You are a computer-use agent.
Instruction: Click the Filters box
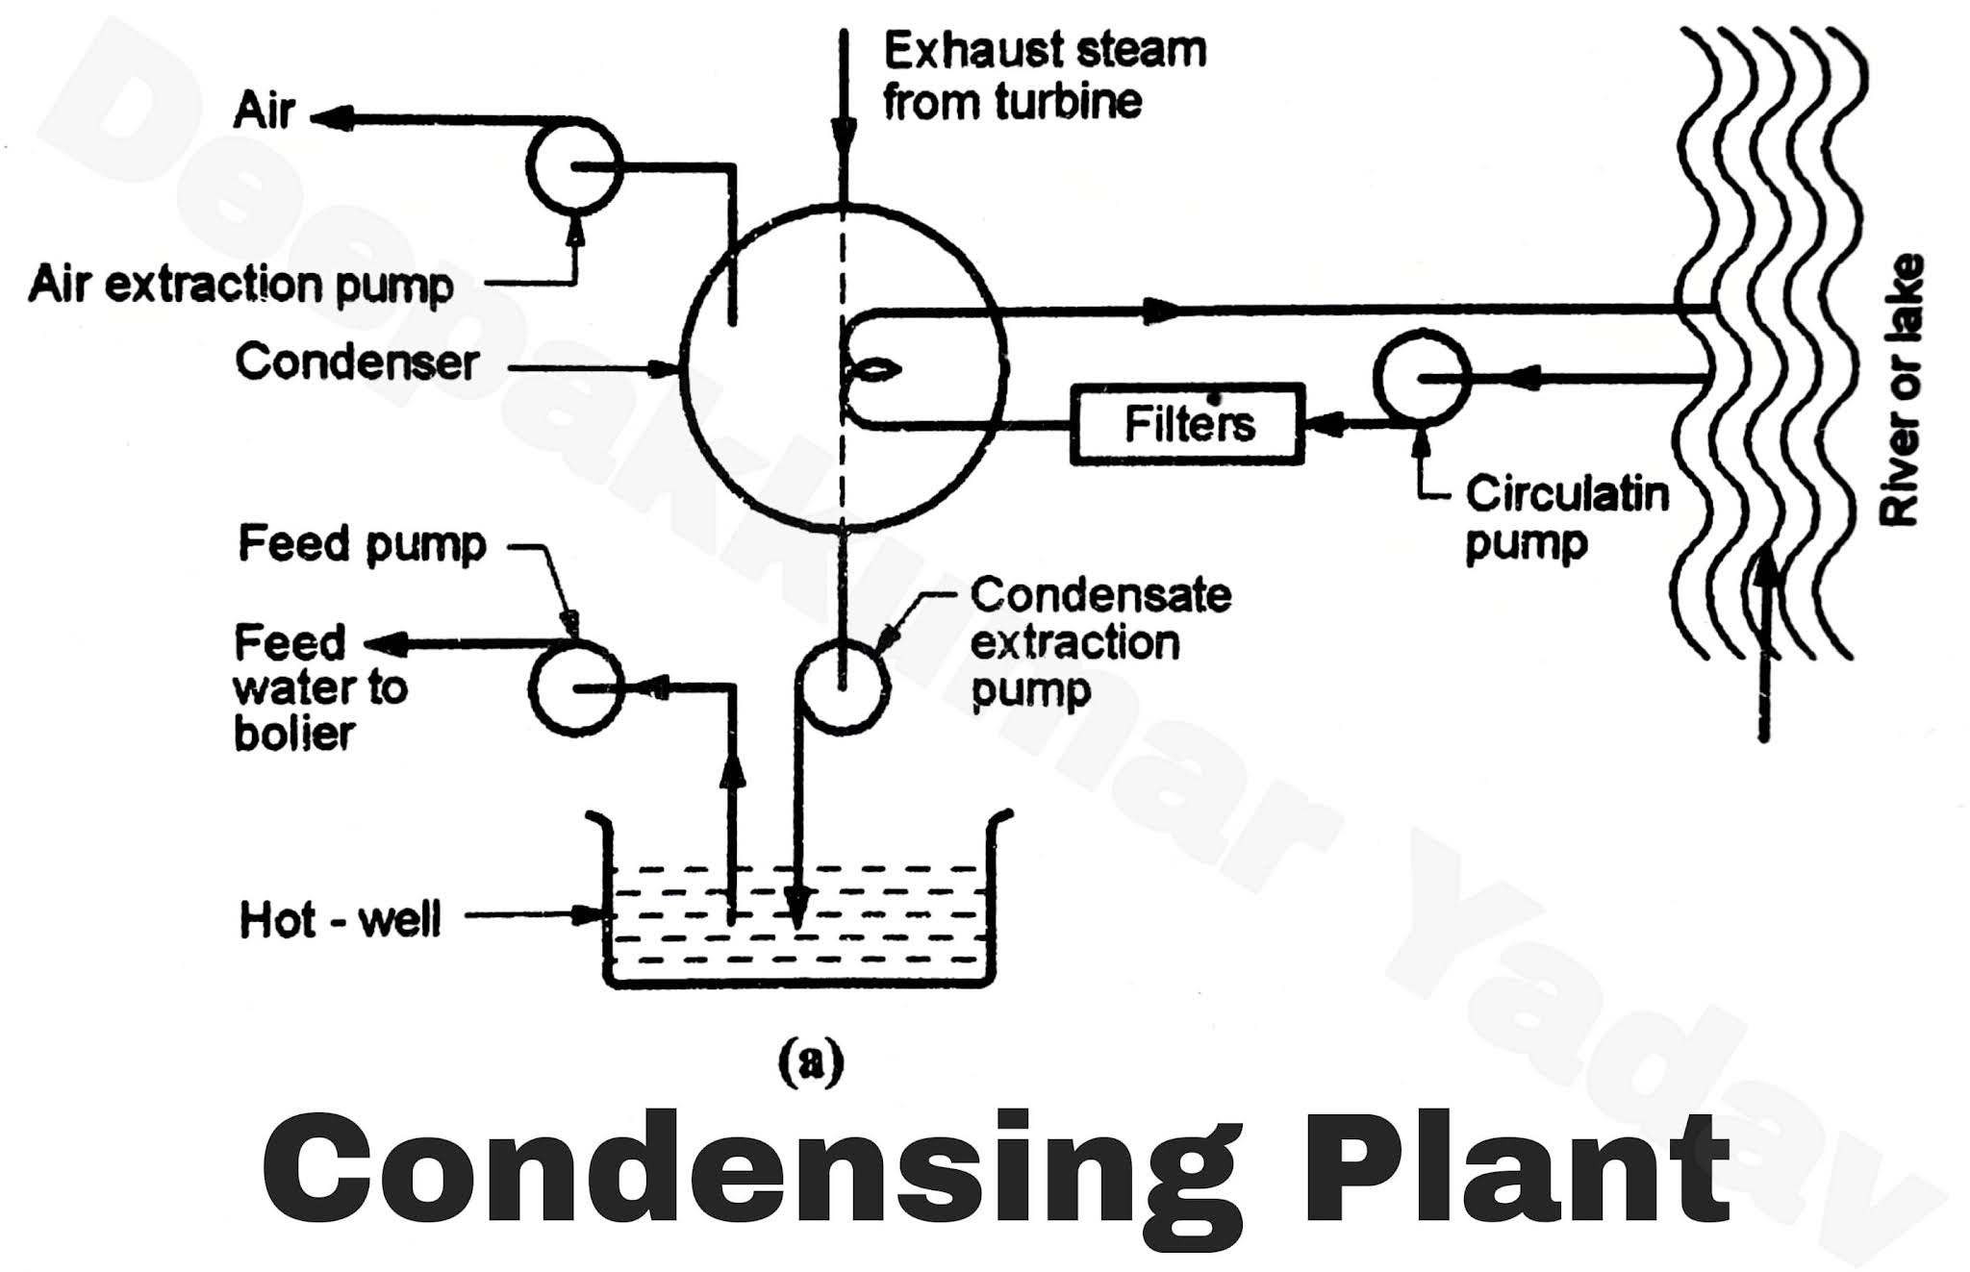pyautogui.click(x=1188, y=424)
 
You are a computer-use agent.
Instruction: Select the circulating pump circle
pyautogui.click(x=1422, y=378)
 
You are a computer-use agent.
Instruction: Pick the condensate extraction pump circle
pyautogui.click(x=842, y=686)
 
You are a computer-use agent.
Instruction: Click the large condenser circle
pyautogui.click(x=843, y=368)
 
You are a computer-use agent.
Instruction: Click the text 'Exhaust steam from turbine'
pyautogui.click(x=1044, y=75)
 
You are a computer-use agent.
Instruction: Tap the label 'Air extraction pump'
pyautogui.click(x=240, y=286)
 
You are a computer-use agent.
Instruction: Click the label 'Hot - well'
pyautogui.click(x=340, y=920)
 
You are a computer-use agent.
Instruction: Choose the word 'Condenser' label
pyautogui.click(x=357, y=362)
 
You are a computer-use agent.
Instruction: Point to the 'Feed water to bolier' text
pyautogui.click(x=319, y=687)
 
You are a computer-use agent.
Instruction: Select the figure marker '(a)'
pyautogui.click(x=810, y=1062)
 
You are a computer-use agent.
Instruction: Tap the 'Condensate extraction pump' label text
pyautogui.click(x=1099, y=641)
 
